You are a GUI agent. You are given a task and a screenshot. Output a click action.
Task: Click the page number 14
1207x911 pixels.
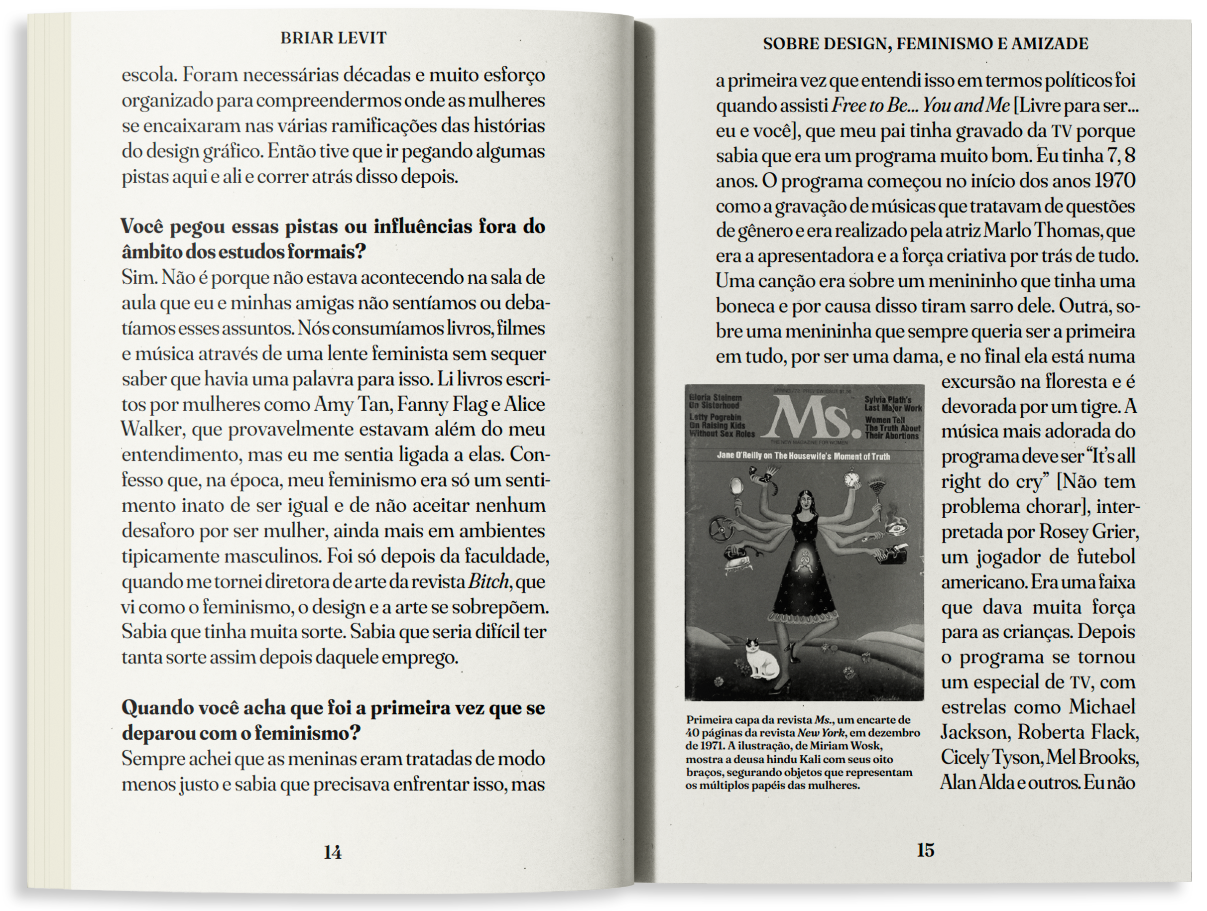pos(332,852)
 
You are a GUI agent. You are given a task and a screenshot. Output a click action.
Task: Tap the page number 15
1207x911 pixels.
pos(926,849)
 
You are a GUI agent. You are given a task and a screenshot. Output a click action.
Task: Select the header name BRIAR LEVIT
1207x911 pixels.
pos(334,38)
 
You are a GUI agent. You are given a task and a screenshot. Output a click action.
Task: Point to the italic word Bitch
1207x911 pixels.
pos(488,581)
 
